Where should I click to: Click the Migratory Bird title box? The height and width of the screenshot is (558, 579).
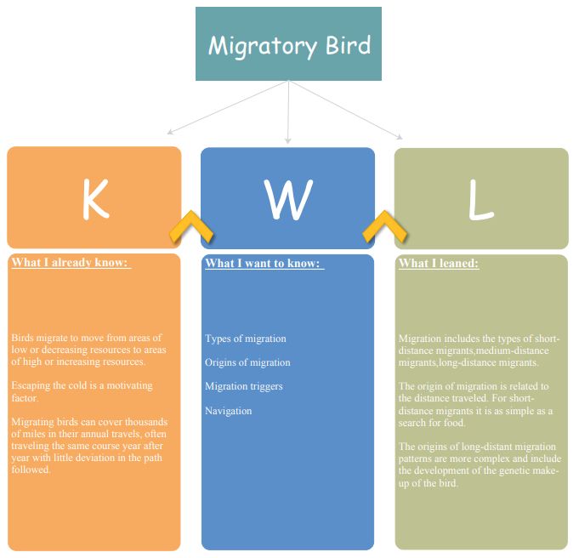click(288, 43)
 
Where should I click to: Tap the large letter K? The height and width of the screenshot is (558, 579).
click(95, 199)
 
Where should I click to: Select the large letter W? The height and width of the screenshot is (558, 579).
click(288, 199)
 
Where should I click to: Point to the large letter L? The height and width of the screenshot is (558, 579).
click(480, 200)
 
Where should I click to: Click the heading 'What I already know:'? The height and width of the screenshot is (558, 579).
click(71, 262)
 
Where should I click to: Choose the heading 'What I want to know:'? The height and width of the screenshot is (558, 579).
click(264, 263)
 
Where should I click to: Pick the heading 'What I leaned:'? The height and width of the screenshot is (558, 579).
click(439, 263)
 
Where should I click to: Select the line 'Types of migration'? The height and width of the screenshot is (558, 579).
click(246, 339)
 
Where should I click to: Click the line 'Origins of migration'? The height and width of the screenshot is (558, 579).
click(247, 362)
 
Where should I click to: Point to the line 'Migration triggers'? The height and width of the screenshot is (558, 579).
click(244, 386)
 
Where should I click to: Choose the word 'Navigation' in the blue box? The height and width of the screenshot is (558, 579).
click(228, 411)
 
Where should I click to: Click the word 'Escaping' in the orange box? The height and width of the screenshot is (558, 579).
click(31, 385)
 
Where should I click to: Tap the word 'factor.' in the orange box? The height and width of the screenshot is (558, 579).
click(25, 398)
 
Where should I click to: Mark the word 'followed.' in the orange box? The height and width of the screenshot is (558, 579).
click(31, 470)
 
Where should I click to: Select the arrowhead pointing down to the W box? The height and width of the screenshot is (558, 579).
click(288, 141)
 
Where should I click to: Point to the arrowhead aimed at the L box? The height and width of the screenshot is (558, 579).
click(400, 137)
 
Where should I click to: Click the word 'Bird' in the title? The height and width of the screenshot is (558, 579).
click(348, 45)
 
